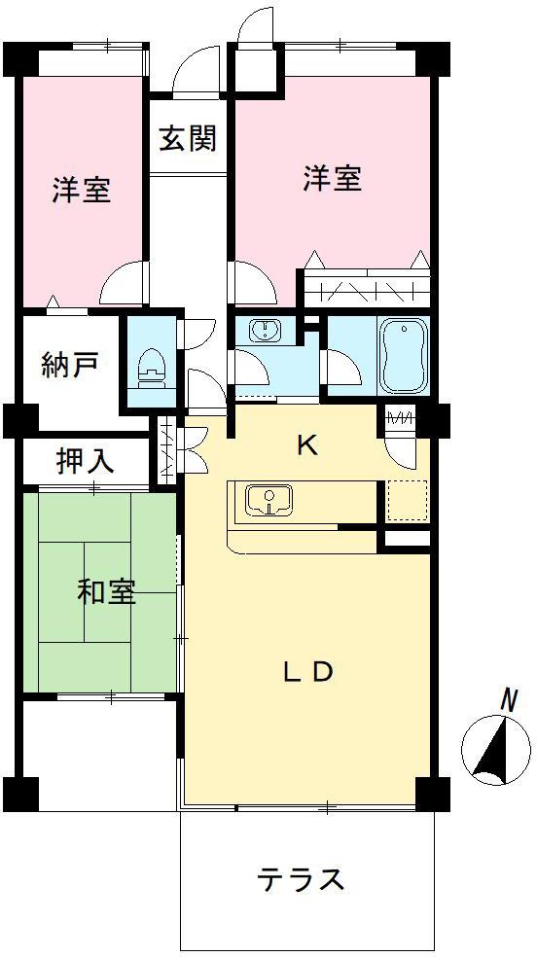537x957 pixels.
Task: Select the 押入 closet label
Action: point(85,462)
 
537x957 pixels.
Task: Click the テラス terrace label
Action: point(301,880)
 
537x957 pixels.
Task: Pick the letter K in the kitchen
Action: point(306,446)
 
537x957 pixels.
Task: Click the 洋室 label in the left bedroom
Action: point(81,190)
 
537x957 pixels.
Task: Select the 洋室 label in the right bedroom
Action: point(332,179)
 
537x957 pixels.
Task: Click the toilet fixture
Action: point(152,365)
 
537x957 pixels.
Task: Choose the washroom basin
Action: point(265,331)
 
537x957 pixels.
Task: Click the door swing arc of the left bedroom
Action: point(125,284)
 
